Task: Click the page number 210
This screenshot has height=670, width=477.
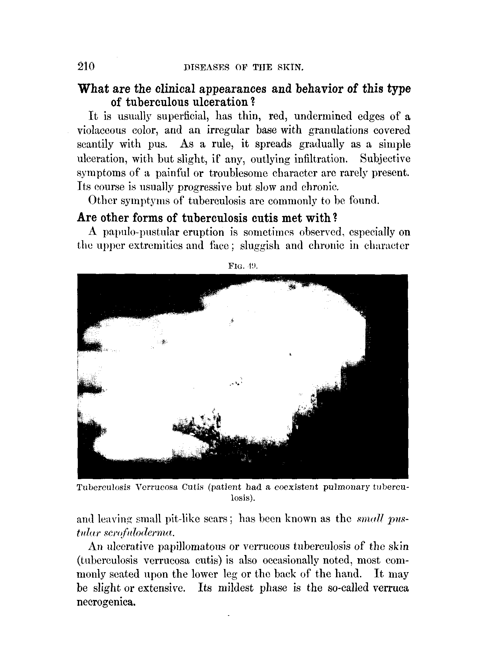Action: (x=86, y=67)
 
